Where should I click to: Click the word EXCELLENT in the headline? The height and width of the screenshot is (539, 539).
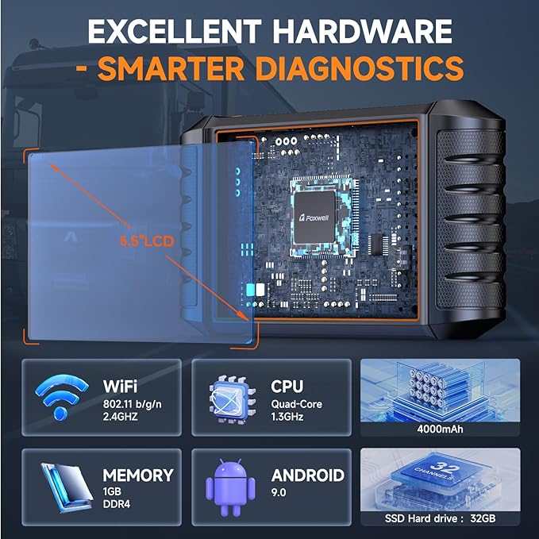tap(175, 31)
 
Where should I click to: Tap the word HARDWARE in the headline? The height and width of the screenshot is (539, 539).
tap(362, 31)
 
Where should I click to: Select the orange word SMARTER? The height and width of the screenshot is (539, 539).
tap(171, 69)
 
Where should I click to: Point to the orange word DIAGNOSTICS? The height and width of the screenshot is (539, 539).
tap(360, 68)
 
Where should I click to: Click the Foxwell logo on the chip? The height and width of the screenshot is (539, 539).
tap(314, 218)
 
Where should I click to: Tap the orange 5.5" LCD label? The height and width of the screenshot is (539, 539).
tap(147, 241)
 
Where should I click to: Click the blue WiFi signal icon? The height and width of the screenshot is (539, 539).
tap(62, 397)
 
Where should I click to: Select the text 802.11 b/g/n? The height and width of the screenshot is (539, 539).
tap(132, 404)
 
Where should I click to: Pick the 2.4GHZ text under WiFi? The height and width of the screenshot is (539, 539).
tap(121, 417)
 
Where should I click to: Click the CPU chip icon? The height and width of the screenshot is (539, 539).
tap(233, 398)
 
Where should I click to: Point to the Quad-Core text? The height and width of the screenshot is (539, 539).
tap(296, 404)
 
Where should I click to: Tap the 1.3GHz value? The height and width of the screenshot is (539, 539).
tap(287, 417)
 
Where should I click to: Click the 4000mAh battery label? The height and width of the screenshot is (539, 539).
tap(440, 429)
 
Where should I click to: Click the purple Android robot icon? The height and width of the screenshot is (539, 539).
tap(230, 487)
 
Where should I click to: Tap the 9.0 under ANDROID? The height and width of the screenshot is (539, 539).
tap(279, 492)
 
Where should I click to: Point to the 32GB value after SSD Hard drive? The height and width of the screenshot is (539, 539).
tap(483, 518)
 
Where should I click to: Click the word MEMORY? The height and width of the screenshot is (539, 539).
tap(138, 475)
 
